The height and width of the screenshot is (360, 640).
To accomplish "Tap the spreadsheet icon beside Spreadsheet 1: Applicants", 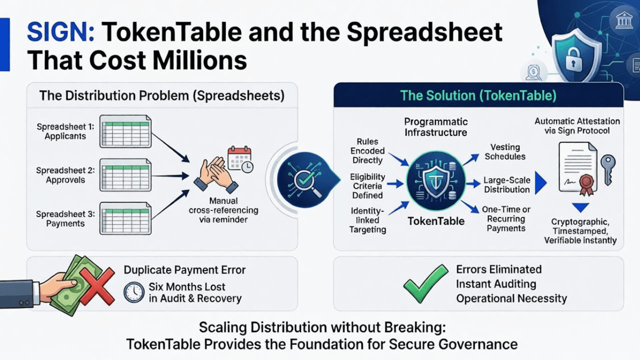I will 125,131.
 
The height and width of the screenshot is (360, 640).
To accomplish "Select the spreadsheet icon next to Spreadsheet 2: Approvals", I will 125,174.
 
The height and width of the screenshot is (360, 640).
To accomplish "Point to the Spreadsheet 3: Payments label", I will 65,219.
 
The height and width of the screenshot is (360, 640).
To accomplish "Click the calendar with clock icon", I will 240,159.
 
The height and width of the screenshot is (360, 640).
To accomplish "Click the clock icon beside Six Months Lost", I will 134,292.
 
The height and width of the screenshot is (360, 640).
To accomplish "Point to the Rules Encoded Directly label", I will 367,150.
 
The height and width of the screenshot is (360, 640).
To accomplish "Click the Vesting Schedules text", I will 504,152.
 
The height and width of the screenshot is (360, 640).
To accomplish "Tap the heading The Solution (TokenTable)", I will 478,95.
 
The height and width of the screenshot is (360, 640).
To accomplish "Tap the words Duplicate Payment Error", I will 184,270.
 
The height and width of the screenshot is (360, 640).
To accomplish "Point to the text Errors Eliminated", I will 498,269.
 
